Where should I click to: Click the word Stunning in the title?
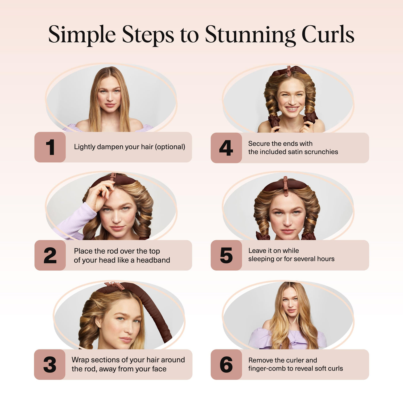click(x=250, y=35)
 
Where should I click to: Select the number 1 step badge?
click(x=50, y=147)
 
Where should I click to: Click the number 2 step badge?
click(x=50, y=255)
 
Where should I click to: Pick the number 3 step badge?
click(x=50, y=365)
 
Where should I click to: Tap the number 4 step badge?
click(x=226, y=148)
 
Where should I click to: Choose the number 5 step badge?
click(x=226, y=255)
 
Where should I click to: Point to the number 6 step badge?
click(x=226, y=365)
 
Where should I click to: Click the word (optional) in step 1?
click(x=170, y=147)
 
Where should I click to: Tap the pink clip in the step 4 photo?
click(x=289, y=71)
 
